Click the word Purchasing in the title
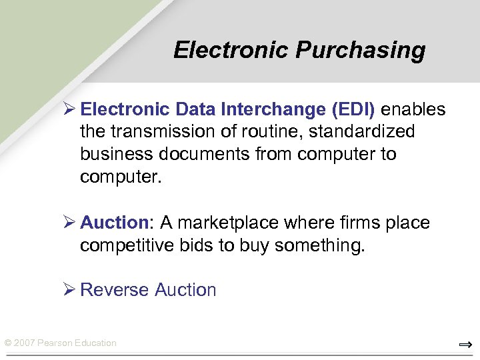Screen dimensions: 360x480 click(361, 51)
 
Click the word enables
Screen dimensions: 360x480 click(413, 109)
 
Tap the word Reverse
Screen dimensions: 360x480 click(114, 290)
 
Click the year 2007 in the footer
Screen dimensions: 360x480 click(24, 343)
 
